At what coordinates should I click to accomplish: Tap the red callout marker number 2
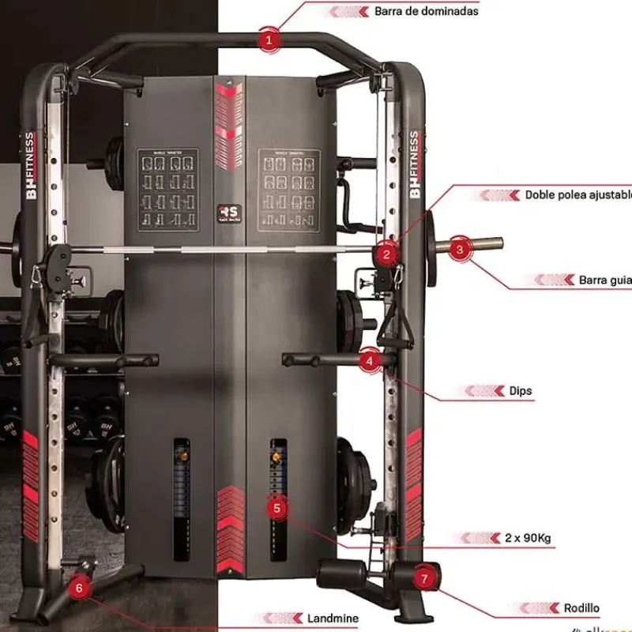[386, 254]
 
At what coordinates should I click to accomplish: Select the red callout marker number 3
[461, 247]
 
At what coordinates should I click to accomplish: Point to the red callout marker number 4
[369, 361]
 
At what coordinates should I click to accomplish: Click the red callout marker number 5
[276, 508]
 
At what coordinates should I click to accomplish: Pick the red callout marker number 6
[78, 586]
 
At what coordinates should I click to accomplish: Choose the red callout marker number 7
[424, 578]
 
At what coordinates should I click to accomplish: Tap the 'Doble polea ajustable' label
[577, 194]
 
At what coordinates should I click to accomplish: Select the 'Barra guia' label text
[604, 280]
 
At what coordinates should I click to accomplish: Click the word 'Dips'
[521, 390]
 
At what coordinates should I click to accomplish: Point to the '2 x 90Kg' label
[527, 538]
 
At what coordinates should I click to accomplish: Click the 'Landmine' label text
[333, 618]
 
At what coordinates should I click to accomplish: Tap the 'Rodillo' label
[581, 608]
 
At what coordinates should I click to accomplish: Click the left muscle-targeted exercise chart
[167, 190]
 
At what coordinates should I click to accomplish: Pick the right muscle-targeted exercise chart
[288, 190]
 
